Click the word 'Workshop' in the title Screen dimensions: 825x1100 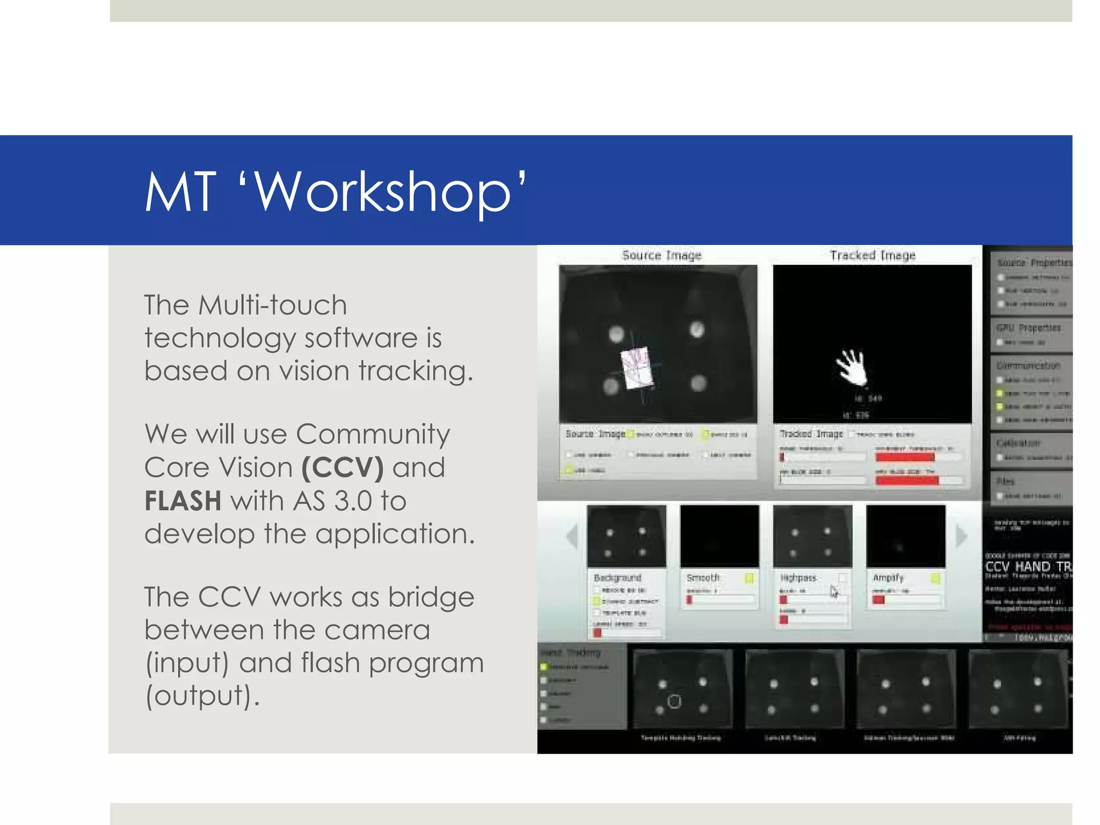pyautogui.click(x=381, y=192)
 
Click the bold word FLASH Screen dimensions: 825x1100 pyautogui.click(x=183, y=501)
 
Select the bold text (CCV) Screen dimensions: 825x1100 pyautogui.click(x=343, y=467)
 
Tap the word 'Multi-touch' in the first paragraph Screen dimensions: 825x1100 pyautogui.click(x=272, y=305)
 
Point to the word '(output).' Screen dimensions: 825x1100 pyautogui.click(x=202, y=696)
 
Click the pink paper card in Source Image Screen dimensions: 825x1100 pyautogui.click(x=638, y=367)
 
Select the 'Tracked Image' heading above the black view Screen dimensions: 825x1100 pyautogui.click(x=872, y=255)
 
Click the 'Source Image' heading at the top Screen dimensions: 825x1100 pyautogui.click(x=662, y=255)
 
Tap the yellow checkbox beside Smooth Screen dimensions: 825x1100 pyautogui.click(x=749, y=578)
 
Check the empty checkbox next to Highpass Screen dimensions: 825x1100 pyautogui.click(x=842, y=578)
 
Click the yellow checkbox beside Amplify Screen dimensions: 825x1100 pyautogui.click(x=935, y=578)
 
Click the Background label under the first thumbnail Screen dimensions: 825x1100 pyautogui.click(x=617, y=578)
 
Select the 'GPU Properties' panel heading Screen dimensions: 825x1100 pyautogui.click(x=1029, y=328)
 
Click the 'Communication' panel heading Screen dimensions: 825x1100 pyautogui.click(x=1028, y=366)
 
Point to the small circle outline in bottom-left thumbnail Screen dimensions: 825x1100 pyautogui.click(x=674, y=701)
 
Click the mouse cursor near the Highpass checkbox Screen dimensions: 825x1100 pyautogui.click(x=834, y=591)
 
